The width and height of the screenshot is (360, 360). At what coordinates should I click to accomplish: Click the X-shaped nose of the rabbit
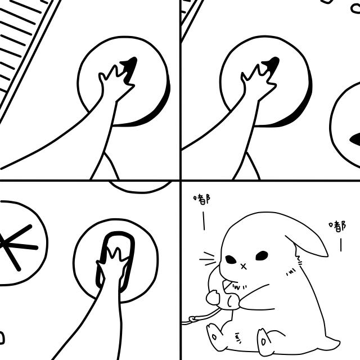click(x=244, y=267)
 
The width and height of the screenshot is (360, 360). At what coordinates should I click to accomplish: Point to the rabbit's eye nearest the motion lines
click(x=231, y=260)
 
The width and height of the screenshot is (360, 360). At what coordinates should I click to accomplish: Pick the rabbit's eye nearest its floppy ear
click(x=262, y=255)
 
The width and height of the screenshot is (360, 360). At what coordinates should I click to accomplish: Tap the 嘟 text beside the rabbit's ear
click(x=337, y=226)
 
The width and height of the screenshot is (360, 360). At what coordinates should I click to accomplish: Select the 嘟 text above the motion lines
click(x=202, y=199)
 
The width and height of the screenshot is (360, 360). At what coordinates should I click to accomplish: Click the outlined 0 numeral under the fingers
click(x=118, y=262)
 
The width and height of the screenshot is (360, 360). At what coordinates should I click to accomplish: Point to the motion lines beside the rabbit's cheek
click(x=208, y=259)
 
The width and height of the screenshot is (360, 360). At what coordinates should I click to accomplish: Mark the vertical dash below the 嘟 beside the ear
click(x=341, y=245)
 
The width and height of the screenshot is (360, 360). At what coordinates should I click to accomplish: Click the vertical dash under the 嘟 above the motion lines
click(x=204, y=221)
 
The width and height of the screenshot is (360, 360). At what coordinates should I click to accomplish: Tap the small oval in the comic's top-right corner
click(x=355, y=9)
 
